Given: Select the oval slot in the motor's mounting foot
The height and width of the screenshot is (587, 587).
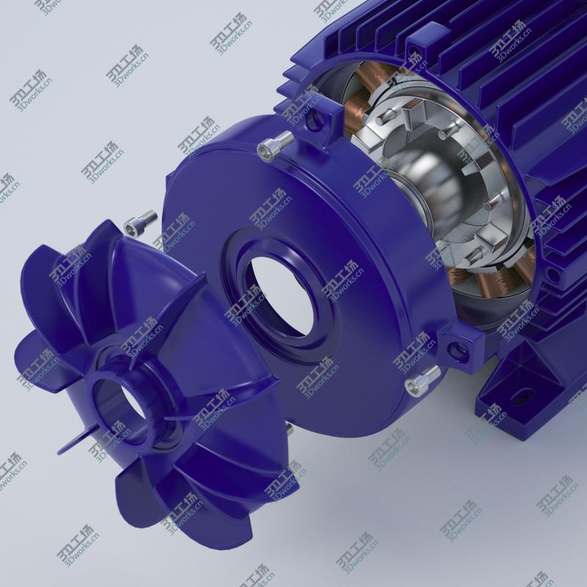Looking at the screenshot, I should pos(520,398).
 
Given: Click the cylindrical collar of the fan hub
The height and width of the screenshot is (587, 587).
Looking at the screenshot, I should pos(110,389).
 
